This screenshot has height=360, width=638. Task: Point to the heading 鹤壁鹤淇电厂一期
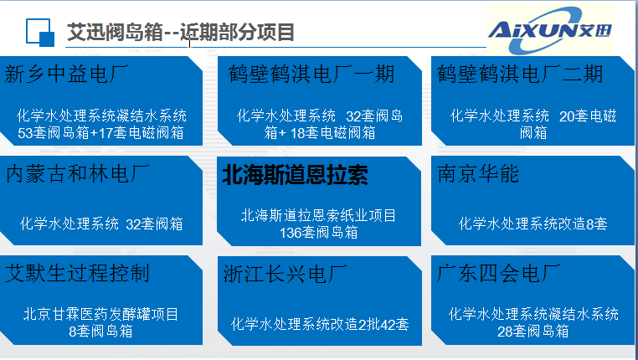pyautogui.click(x=311, y=75)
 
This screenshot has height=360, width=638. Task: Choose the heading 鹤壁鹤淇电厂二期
pyautogui.click(x=520, y=75)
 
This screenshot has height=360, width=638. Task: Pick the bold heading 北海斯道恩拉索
pyautogui.click(x=295, y=175)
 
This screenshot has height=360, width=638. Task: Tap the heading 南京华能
pyautogui.click(x=478, y=174)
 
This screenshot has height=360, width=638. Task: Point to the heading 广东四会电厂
pyautogui.click(x=499, y=274)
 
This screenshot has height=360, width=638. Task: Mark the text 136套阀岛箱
pyautogui.click(x=319, y=232)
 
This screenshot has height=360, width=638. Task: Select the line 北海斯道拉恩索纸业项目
pyautogui.click(x=319, y=216)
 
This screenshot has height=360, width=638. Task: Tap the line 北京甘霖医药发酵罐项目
pyautogui.click(x=100, y=315)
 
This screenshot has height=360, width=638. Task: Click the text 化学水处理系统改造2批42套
pyautogui.click(x=319, y=323)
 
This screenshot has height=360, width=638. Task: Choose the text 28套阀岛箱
pyautogui.click(x=533, y=331)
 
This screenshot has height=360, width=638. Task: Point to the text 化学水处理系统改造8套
pyautogui.click(x=533, y=224)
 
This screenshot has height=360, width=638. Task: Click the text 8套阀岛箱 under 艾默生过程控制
pyautogui.click(x=100, y=331)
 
